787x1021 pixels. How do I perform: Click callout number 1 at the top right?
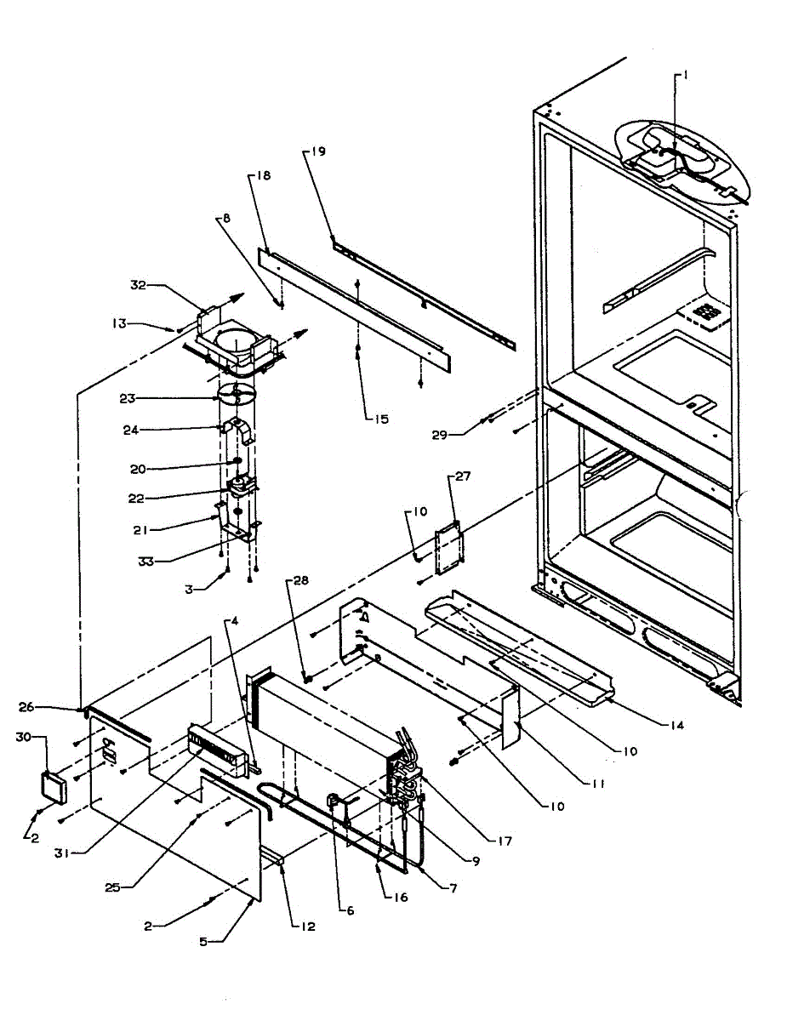tap(686, 75)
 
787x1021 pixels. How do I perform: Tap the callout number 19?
tap(317, 152)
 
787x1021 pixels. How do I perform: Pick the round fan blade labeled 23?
tap(237, 396)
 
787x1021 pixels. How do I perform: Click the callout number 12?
tap(307, 927)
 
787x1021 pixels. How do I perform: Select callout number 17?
tap(505, 843)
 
